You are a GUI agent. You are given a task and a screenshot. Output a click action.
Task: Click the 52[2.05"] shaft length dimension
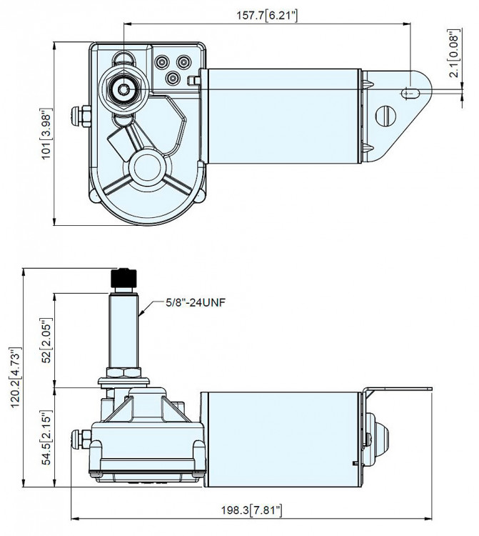tap(46, 340)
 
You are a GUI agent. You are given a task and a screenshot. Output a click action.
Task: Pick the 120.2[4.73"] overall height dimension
tap(14, 377)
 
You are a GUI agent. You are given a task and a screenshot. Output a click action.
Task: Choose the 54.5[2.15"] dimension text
tap(46, 437)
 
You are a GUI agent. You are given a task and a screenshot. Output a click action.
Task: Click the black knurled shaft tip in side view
tap(126, 278)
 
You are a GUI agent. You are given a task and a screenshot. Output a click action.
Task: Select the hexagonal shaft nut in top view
tap(126, 89)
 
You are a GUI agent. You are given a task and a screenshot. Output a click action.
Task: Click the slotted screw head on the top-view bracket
tap(385, 115)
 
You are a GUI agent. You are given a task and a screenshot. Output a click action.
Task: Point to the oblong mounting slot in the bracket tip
tap(410, 92)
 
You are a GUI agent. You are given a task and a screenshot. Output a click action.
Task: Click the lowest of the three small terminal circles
tap(172, 78)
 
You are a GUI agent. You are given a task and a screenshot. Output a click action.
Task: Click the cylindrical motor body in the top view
tap(282, 114)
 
